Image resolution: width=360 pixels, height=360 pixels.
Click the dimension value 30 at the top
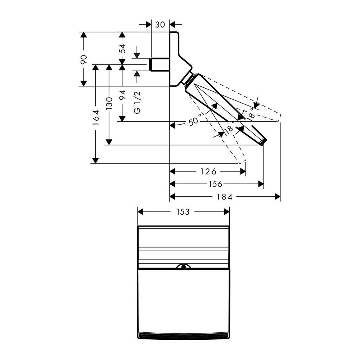(160, 24)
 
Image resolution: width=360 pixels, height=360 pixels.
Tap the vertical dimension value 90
(84, 59)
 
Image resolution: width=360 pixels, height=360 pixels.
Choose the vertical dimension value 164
(95, 117)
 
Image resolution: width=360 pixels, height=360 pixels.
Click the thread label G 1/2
(137, 103)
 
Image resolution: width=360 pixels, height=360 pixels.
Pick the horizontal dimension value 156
(216, 184)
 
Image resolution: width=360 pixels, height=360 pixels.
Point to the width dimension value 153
(183, 212)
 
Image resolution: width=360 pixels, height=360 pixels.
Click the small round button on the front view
(184, 267)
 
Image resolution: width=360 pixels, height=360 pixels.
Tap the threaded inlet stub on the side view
(159, 64)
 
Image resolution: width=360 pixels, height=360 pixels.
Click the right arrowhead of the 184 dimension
(278, 197)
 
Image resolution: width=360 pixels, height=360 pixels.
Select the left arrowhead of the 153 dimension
(141, 212)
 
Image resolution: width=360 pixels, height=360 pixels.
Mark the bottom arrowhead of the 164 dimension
(95, 160)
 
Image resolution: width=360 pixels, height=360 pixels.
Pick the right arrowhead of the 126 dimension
(243, 171)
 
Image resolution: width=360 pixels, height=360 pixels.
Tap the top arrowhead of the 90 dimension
(84, 35)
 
